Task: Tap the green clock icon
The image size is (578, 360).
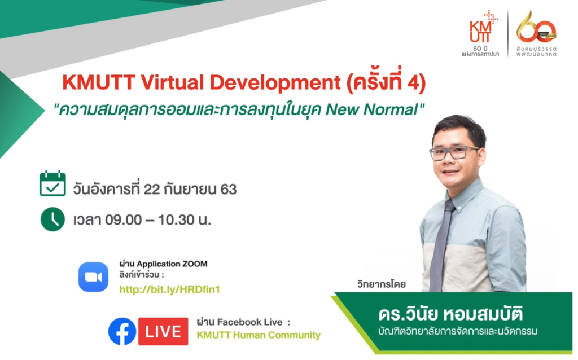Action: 52,219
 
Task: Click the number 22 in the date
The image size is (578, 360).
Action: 151,190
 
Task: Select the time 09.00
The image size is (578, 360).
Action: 123,220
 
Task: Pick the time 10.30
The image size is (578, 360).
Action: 176,220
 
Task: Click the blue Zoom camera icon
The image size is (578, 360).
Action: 93,276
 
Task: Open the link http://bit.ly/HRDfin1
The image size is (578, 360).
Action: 169,289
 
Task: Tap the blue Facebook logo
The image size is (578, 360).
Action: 122,331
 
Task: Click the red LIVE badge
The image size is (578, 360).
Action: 163,331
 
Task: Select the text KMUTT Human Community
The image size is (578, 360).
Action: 259,335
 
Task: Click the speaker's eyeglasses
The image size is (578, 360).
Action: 454,152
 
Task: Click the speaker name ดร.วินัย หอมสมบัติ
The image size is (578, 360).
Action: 450,314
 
